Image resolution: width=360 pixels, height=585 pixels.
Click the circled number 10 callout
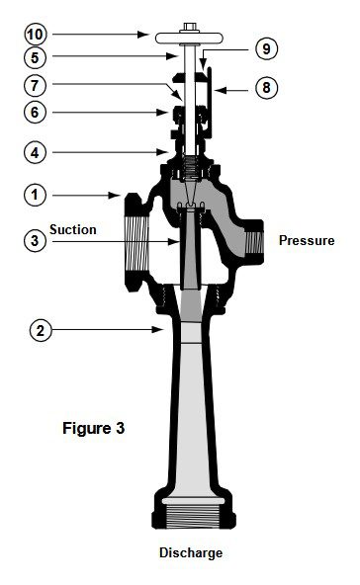(35, 35)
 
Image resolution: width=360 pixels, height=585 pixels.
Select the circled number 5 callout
(35, 57)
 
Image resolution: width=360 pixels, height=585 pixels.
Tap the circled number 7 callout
(35, 85)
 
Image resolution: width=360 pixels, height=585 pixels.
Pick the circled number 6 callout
(35, 112)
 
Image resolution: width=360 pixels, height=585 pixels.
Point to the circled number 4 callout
(35, 152)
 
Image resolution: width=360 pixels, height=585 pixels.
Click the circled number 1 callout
(35, 195)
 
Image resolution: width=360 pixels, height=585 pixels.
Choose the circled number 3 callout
(35, 240)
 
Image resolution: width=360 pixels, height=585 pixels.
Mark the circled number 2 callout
(41, 330)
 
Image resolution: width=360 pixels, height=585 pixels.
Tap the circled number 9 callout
(266, 48)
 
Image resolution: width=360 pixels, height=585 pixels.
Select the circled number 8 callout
(266, 88)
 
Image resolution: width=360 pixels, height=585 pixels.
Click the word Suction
(73, 229)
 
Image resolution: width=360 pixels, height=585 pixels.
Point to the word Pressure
(307, 240)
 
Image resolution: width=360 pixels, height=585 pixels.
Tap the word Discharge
(191, 552)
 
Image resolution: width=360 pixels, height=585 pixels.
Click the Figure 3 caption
(93, 428)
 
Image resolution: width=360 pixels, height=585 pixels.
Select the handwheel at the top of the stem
(189, 38)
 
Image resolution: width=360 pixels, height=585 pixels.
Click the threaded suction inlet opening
(135, 243)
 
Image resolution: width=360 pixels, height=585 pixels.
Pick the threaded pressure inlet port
(254, 242)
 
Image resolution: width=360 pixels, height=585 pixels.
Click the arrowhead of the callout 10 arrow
(143, 35)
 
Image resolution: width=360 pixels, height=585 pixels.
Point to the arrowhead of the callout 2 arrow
(157, 329)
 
